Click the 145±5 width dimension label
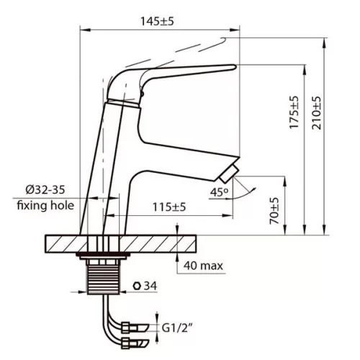pyautogui.click(x=157, y=22)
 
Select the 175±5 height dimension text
pyautogui.click(x=294, y=112)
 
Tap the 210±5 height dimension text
pyautogui.click(x=316, y=113)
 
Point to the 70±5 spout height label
pyautogui.click(x=274, y=211)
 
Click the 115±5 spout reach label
pyautogui.click(x=169, y=207)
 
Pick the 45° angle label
pyautogui.click(x=220, y=192)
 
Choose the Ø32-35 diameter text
pyautogui.click(x=45, y=190)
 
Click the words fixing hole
pyautogui.click(x=45, y=205)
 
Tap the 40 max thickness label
pyautogui.click(x=203, y=266)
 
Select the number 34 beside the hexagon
pyautogui.click(x=150, y=286)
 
